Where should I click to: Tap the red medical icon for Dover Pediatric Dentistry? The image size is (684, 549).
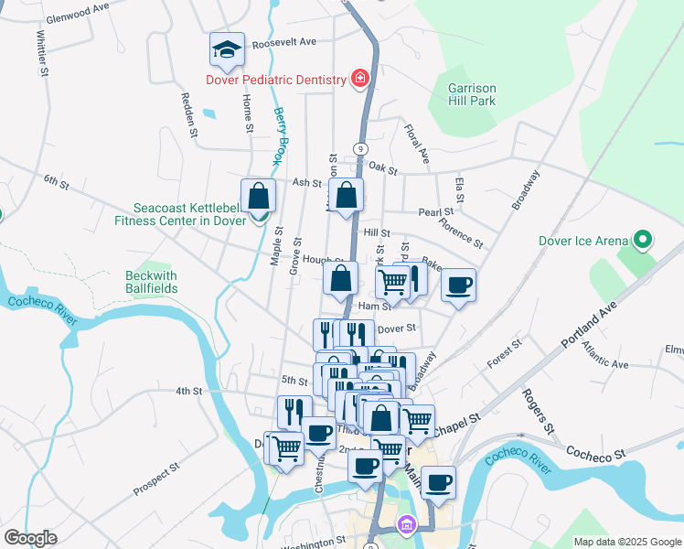click(360, 80)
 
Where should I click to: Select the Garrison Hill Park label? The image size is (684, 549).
click(472, 94)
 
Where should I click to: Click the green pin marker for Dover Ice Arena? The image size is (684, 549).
click(643, 242)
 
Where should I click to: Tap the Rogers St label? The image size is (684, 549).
click(538, 411)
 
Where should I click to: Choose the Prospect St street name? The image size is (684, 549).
click(155, 479)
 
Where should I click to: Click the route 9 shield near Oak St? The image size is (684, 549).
click(361, 148)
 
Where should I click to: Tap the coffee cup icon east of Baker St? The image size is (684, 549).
click(458, 285)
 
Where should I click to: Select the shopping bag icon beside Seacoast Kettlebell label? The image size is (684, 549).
click(259, 196)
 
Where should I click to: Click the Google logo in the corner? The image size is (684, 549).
click(30, 538)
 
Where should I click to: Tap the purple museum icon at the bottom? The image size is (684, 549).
click(405, 525)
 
